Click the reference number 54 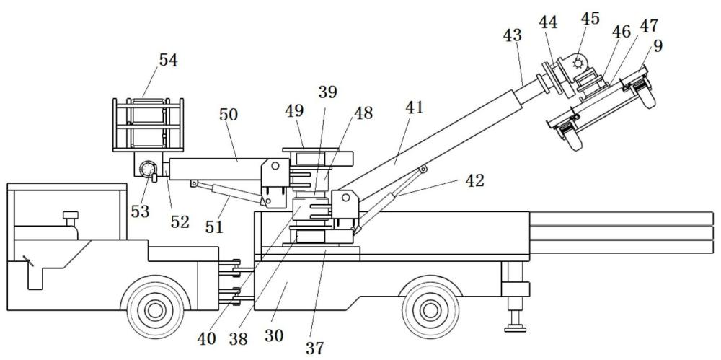coord(168,61)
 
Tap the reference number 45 coord(590,19)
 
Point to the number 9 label coord(658,45)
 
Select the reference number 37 coord(314,348)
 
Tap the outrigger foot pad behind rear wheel coord(516,330)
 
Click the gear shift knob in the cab coord(71,215)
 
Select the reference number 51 coord(214,228)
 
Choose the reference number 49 coord(295,111)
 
